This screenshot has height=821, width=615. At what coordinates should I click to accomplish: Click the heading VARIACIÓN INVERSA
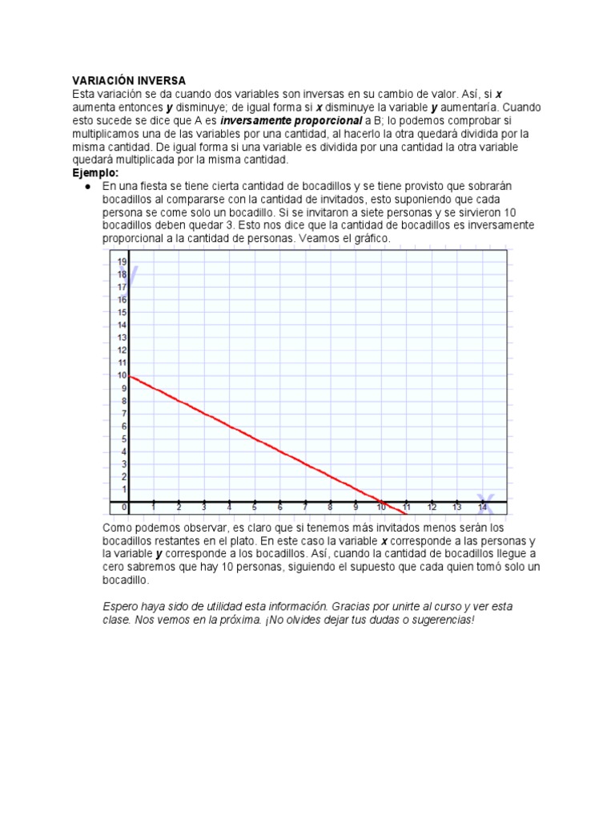[x=129, y=81]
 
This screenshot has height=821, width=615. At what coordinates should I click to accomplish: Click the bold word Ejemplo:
[x=95, y=172]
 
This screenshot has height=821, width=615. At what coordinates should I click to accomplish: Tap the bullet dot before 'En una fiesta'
[x=86, y=186]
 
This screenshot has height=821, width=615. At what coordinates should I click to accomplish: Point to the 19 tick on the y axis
[x=123, y=261]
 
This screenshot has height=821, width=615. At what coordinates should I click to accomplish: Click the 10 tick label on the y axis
[x=123, y=375]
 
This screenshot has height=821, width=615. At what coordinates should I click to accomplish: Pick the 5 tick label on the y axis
[x=123, y=439]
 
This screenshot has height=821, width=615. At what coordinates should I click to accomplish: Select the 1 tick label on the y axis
[x=123, y=489]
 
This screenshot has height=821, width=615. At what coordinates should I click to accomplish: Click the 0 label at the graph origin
[x=124, y=508]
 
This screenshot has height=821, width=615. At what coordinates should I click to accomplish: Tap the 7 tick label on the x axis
[x=305, y=508]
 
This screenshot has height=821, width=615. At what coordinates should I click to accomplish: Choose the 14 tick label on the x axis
[x=482, y=508]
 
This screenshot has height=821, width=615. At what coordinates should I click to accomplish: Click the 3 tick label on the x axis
[x=204, y=508]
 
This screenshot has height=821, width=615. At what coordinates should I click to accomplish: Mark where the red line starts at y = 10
[x=130, y=376]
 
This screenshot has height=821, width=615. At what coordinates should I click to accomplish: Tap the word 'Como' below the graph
[x=118, y=528]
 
